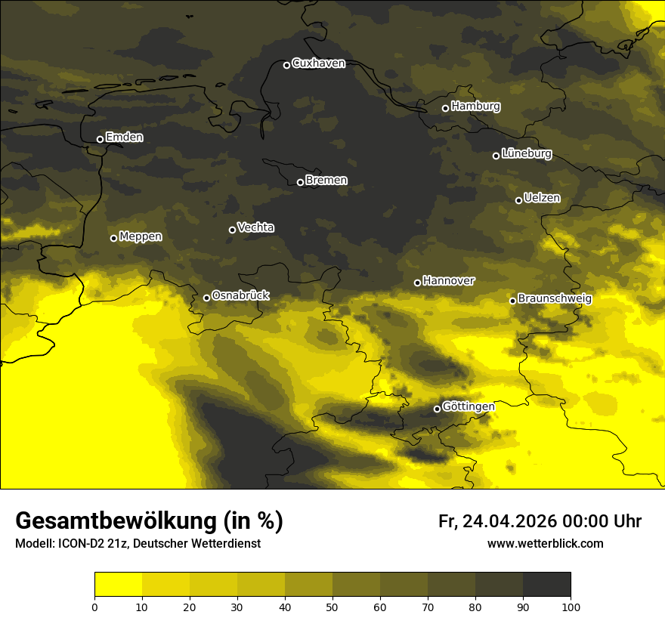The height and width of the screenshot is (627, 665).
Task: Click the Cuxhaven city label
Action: [x=318, y=63]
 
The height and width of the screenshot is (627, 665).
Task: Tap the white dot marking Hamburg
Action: [x=445, y=108]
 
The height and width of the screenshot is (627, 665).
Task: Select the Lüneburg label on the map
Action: [x=527, y=154]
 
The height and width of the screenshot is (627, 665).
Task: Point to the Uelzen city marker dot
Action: [x=518, y=200]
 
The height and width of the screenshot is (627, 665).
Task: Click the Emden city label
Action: [x=124, y=137]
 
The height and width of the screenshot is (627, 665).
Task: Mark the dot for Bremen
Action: [x=300, y=182]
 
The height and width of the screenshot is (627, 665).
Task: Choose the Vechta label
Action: [x=255, y=227]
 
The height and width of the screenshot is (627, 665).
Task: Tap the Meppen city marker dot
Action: [x=113, y=238]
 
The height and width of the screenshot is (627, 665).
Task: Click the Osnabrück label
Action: [x=240, y=295]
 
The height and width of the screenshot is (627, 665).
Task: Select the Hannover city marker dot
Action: [x=417, y=283]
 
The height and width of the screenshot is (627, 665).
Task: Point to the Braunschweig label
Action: [x=555, y=299]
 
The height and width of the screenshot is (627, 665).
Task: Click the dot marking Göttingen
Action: [x=437, y=409]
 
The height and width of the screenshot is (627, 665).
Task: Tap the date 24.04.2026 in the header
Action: [x=509, y=521]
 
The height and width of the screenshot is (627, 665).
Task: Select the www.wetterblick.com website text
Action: [x=545, y=543]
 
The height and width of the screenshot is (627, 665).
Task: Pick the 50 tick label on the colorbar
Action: [x=332, y=607]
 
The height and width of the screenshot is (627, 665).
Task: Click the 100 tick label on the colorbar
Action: [x=571, y=607]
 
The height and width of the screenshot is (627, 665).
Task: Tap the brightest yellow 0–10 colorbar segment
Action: [x=118, y=584]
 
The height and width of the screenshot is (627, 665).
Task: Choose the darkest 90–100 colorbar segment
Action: [x=546, y=584]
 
